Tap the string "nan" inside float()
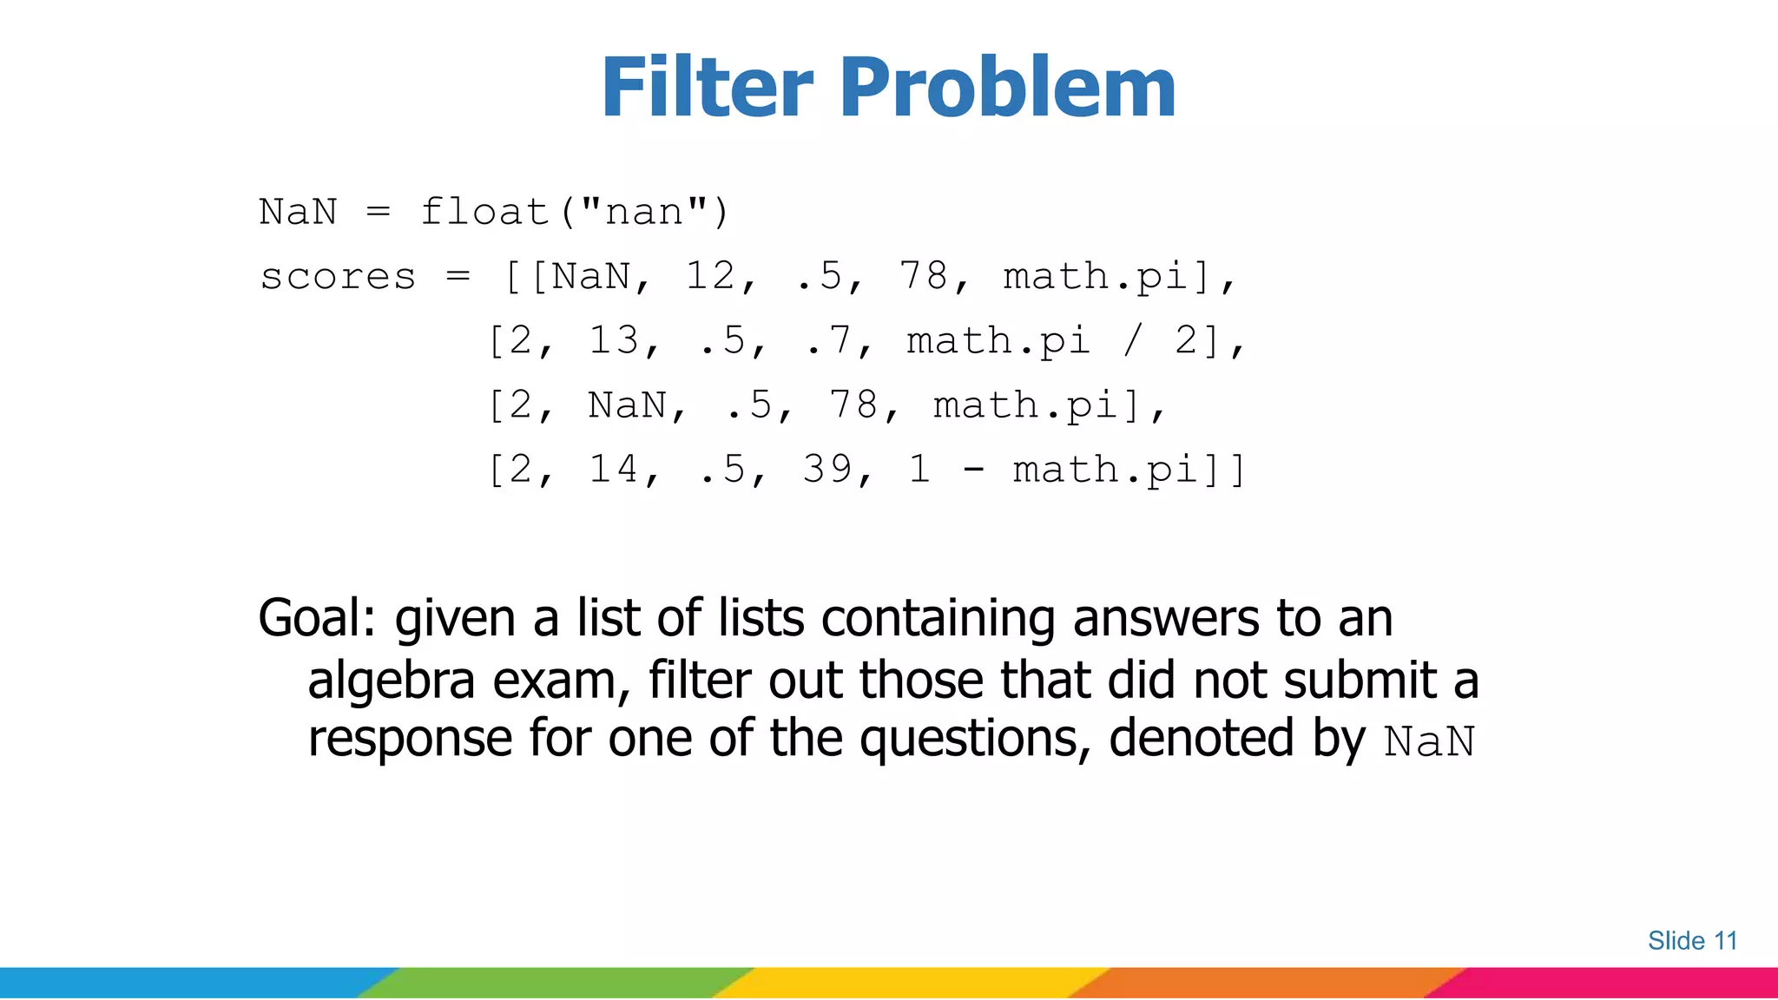(643, 212)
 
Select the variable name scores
(338, 277)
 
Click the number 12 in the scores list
(710, 277)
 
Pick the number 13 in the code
(614, 340)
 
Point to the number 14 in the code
(614, 470)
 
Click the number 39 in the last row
(827, 470)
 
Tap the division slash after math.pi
(1133, 340)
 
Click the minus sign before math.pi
(974, 470)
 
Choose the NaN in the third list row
(627, 405)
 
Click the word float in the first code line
(484, 212)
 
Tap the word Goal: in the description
(317, 620)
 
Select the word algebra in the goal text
(391, 681)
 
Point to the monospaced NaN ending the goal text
(1429, 742)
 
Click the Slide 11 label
(1692, 941)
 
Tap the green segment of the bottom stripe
(556, 984)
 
